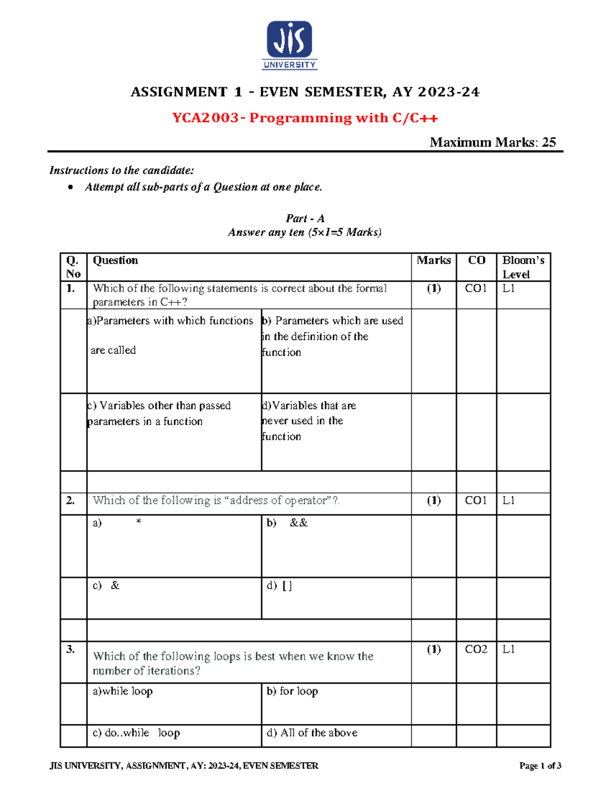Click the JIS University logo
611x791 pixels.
pyautogui.click(x=289, y=45)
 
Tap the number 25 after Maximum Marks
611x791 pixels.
pyautogui.click(x=549, y=142)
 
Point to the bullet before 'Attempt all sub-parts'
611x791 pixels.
pyautogui.click(x=70, y=187)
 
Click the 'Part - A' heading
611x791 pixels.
pyautogui.click(x=304, y=219)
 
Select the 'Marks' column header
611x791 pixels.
pyautogui.click(x=433, y=260)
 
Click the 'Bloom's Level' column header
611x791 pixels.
pyautogui.click(x=523, y=267)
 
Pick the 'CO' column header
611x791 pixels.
pyautogui.click(x=476, y=260)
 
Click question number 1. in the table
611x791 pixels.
pyautogui.click(x=70, y=288)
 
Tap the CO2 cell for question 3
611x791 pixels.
pyautogui.click(x=476, y=649)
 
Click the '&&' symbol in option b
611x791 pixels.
pyautogui.click(x=298, y=523)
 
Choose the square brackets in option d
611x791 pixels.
pyautogui.click(x=287, y=586)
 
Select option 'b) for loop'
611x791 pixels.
pyautogui.click(x=292, y=691)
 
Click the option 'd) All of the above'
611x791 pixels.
pyautogui.click(x=312, y=732)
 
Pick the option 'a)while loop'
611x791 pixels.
pyautogui.click(x=122, y=691)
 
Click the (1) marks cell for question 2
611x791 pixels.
pyautogui.click(x=433, y=500)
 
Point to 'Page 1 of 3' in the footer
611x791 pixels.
pyautogui.click(x=540, y=766)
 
